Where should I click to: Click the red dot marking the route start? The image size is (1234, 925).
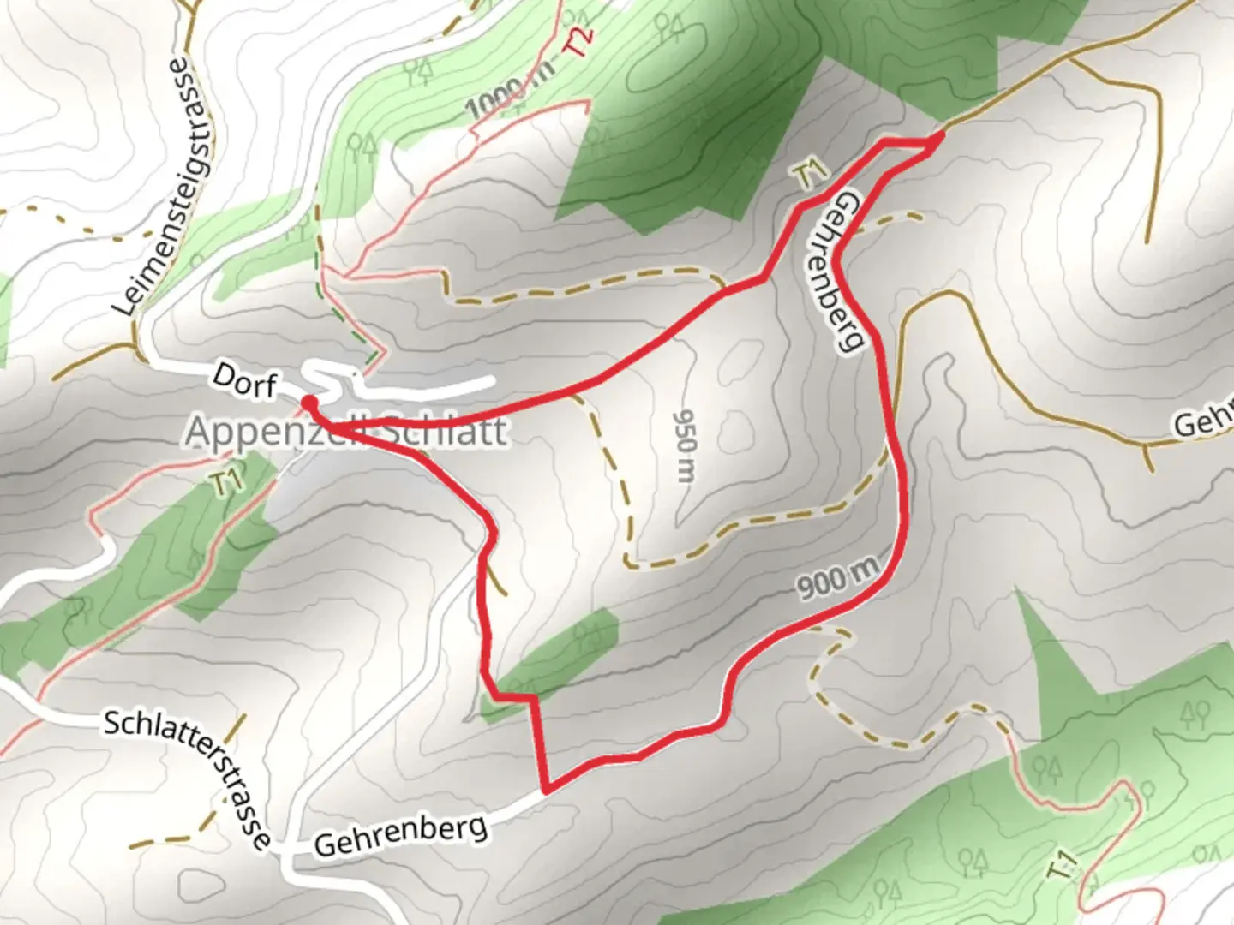click(x=309, y=401)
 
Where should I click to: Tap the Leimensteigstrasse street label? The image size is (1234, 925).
click(x=166, y=187)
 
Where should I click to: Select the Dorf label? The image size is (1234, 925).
click(x=244, y=380)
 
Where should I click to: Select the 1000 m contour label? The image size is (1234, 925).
click(x=507, y=97)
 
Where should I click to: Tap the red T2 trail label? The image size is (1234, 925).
click(x=579, y=41)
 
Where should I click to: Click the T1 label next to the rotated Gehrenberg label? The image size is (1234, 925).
click(x=809, y=176)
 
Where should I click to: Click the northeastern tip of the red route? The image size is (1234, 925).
click(x=941, y=136)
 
